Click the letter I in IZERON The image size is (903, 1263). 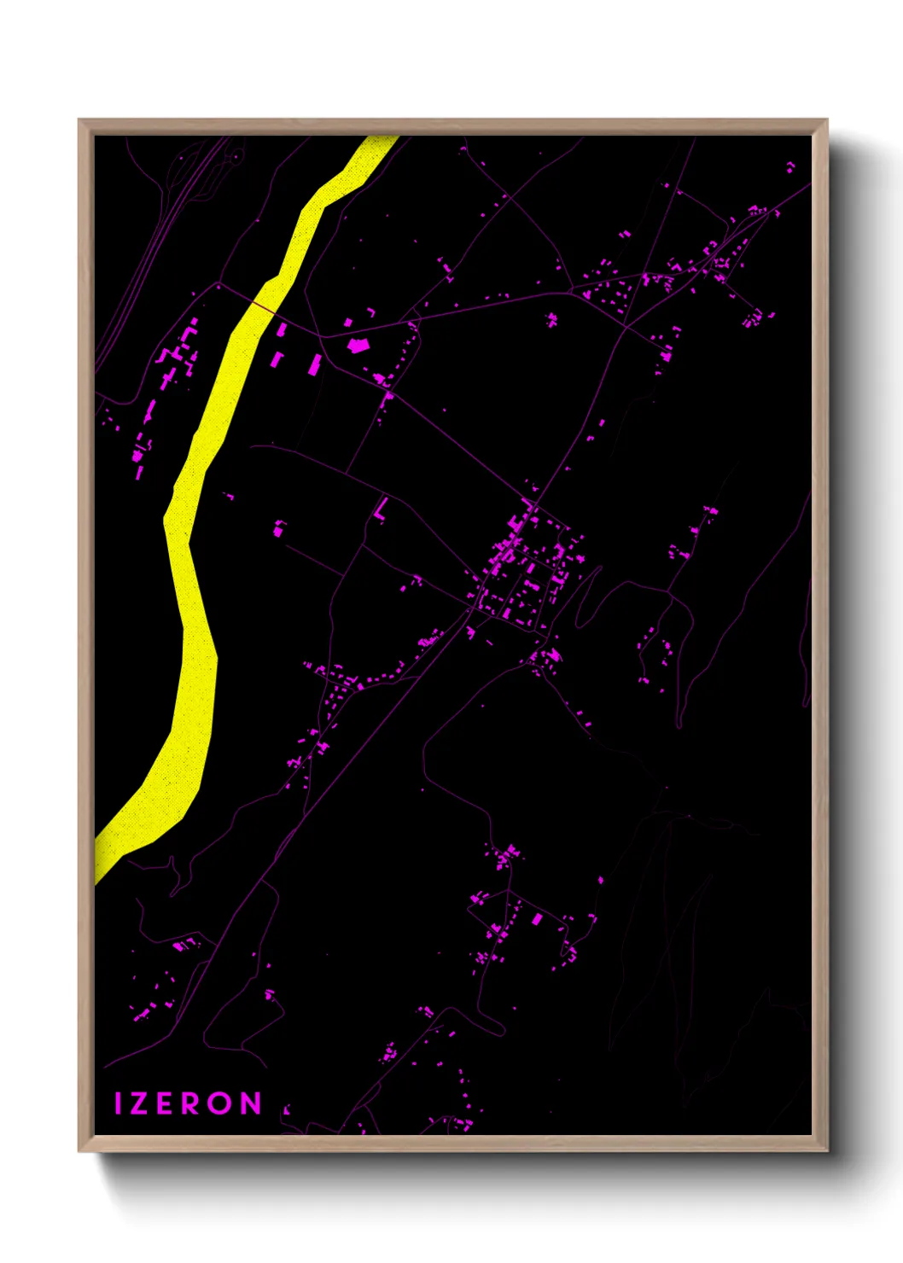[119, 1103]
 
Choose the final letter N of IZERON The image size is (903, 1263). [250, 1103]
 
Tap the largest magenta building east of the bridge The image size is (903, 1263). [358, 345]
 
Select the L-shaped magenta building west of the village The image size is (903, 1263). [381, 510]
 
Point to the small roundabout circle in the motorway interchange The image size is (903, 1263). [233, 158]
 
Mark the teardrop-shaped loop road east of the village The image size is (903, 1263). [588, 597]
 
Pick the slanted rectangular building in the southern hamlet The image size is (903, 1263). [537, 919]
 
